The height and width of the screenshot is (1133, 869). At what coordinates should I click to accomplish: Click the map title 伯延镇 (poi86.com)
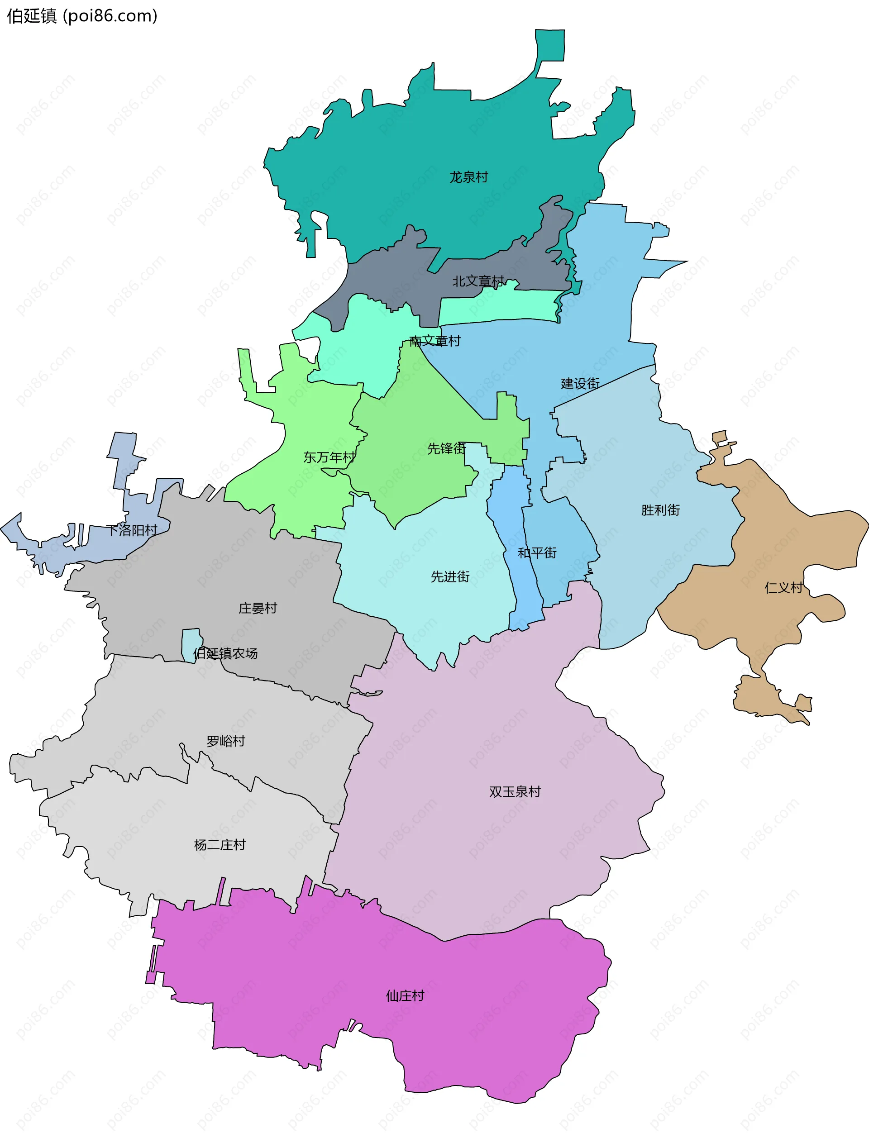[82, 16]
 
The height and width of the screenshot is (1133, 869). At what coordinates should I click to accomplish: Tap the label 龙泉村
[468, 177]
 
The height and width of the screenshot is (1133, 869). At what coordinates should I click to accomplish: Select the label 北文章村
[478, 281]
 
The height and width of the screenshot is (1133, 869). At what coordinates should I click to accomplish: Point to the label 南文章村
[434, 341]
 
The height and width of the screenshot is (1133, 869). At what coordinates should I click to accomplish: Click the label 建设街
[580, 384]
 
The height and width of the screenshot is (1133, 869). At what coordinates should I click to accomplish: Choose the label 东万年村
[329, 457]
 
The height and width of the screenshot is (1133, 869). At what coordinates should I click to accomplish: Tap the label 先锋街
[446, 448]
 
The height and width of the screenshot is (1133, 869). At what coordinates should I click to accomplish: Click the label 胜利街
[660, 510]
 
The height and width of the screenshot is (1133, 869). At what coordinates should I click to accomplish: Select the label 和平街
[537, 553]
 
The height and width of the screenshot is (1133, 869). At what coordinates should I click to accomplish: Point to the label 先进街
[450, 576]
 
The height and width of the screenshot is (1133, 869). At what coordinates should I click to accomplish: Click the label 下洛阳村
[131, 530]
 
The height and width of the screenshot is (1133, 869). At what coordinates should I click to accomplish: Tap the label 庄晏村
[258, 608]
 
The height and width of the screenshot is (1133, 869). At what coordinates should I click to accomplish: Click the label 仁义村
[783, 587]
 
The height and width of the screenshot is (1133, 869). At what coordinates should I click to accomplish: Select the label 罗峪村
[225, 741]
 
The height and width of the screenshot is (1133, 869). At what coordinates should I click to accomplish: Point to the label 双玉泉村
[515, 792]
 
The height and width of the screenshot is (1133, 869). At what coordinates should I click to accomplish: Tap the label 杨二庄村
[220, 845]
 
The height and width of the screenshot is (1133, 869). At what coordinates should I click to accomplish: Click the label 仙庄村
[405, 996]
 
